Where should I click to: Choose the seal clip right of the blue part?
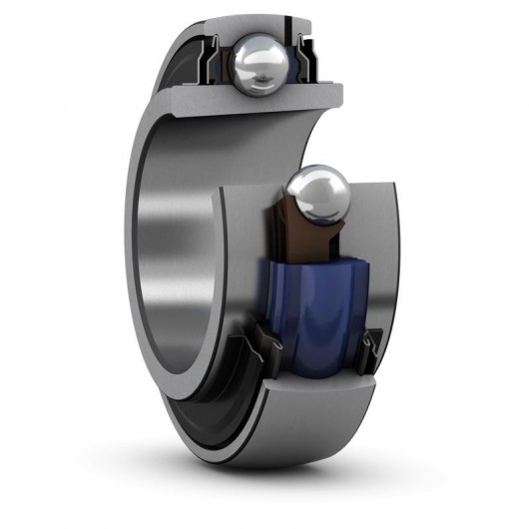(372, 344)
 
